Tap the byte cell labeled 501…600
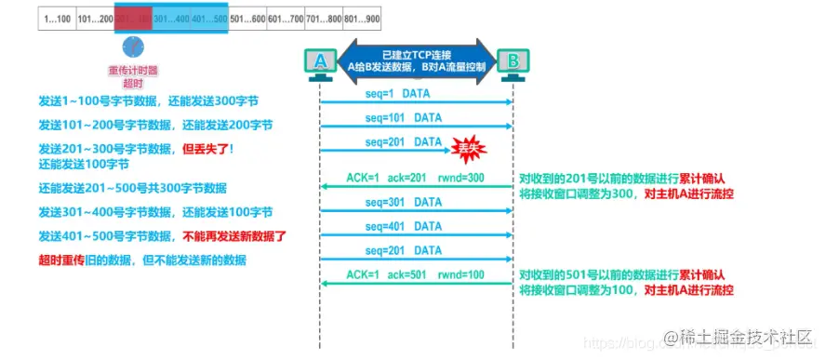(x=247, y=18)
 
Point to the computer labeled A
(x=320, y=63)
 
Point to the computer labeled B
(x=512, y=63)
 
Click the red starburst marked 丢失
(x=469, y=146)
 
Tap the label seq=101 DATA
(x=402, y=117)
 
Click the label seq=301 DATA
(x=402, y=202)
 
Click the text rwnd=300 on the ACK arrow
(x=463, y=178)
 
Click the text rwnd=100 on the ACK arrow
(x=463, y=275)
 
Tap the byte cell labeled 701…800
(x=324, y=18)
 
